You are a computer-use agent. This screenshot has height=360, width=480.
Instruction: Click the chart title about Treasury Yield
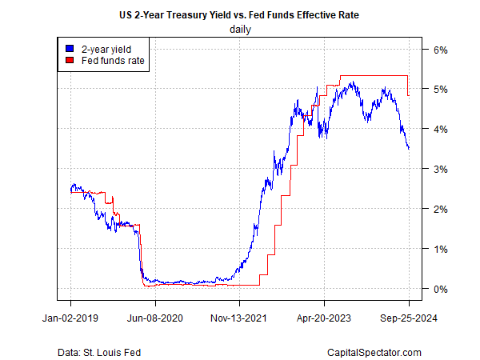point(240,15)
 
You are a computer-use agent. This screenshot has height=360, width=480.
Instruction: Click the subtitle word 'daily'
point(240,30)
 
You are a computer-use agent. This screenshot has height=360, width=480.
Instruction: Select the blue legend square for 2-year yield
point(69,48)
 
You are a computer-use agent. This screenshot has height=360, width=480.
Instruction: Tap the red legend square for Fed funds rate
point(69,60)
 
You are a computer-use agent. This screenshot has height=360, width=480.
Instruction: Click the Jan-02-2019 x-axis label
point(70,318)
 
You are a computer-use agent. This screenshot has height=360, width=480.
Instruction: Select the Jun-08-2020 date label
point(155,318)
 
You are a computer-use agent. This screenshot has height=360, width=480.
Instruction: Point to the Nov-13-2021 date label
point(239,318)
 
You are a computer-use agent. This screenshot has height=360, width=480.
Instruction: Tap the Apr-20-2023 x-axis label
point(324,318)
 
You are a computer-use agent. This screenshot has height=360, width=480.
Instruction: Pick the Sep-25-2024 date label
point(408,318)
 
